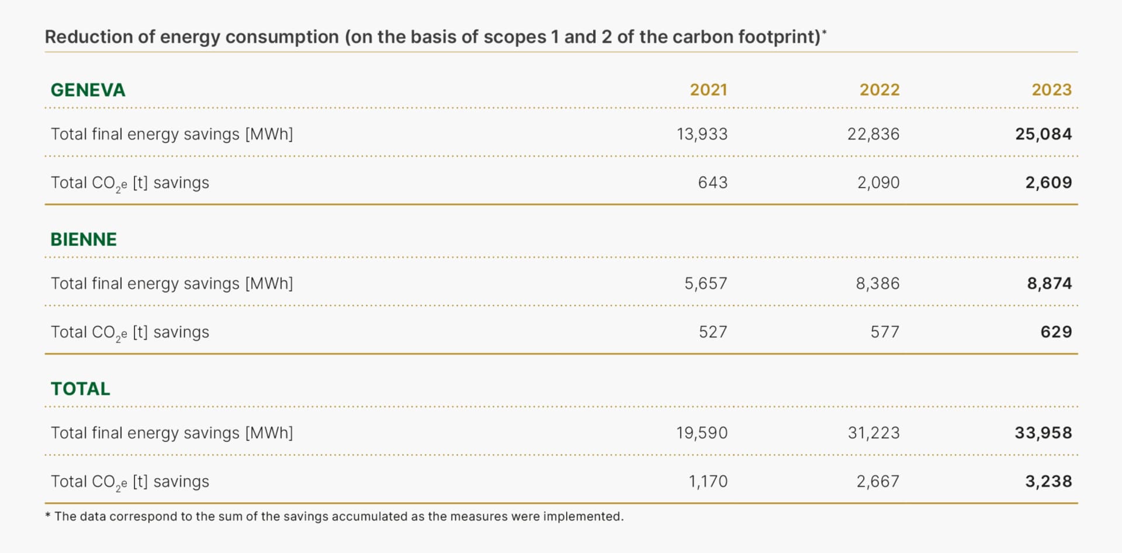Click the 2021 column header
(708, 90)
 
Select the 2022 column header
(879, 90)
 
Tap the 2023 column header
(1051, 90)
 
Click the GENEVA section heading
(88, 90)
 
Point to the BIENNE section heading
(84, 239)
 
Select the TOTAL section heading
(80, 389)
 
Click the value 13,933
(702, 134)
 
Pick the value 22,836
(873, 134)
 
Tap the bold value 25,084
(1043, 134)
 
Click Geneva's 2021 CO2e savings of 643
(712, 183)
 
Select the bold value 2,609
(1048, 183)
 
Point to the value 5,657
(706, 284)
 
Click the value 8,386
(877, 284)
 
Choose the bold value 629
(1056, 332)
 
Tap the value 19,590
(702, 433)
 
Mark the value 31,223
(873, 433)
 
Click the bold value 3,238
(1048, 482)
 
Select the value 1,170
(708, 482)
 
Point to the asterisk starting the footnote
(48, 516)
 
